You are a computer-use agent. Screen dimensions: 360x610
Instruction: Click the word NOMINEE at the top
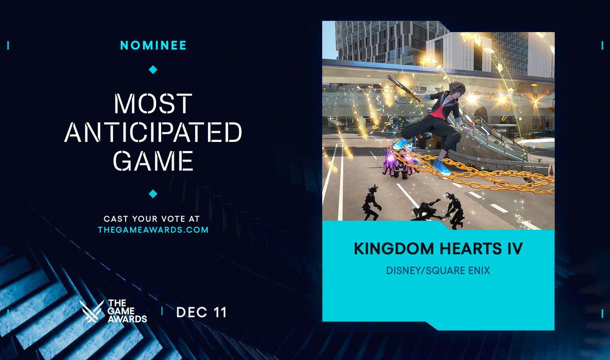153,45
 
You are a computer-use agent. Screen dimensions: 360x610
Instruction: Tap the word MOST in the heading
153,104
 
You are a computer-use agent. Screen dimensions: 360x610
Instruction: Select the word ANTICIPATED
153,132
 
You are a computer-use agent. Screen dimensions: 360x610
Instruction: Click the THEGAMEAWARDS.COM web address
153,230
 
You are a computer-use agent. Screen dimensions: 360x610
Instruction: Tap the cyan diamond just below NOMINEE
153,69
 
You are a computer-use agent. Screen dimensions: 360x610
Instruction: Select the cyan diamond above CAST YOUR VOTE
153,194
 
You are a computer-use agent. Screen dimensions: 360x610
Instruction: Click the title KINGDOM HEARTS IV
438,250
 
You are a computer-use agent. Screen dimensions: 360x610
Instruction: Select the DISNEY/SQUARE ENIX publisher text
438,271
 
